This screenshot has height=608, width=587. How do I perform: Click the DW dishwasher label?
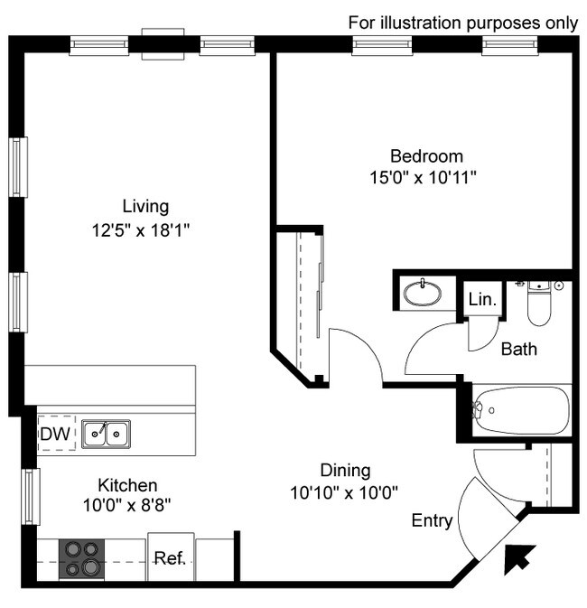tap(55, 434)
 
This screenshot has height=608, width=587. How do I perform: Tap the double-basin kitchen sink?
tap(106, 434)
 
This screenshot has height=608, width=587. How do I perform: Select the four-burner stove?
tap(81, 559)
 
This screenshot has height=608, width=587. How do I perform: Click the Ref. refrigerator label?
tap(170, 558)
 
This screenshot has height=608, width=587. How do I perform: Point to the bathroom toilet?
tap(539, 304)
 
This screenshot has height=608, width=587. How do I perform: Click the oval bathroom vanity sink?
tap(423, 293)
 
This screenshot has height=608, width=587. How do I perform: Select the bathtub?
tap(521, 410)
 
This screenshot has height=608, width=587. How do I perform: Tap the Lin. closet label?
tap(482, 300)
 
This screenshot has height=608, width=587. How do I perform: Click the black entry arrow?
tap(519, 559)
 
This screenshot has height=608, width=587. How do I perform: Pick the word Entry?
tap(432, 520)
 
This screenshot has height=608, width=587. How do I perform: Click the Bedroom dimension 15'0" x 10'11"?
tap(423, 178)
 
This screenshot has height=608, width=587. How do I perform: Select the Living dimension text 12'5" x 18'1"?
tap(140, 230)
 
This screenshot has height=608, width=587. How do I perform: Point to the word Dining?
tap(345, 471)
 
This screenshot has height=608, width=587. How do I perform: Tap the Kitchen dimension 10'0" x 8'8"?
tap(127, 505)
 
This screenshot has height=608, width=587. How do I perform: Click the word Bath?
tap(519, 349)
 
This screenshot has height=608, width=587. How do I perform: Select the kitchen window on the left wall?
tap(31, 497)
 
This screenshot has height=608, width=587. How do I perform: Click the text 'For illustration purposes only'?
tap(463, 23)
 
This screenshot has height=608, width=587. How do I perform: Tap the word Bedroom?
tap(426, 156)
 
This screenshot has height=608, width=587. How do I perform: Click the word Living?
tap(145, 207)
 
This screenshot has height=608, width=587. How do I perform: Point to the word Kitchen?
tap(127, 485)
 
